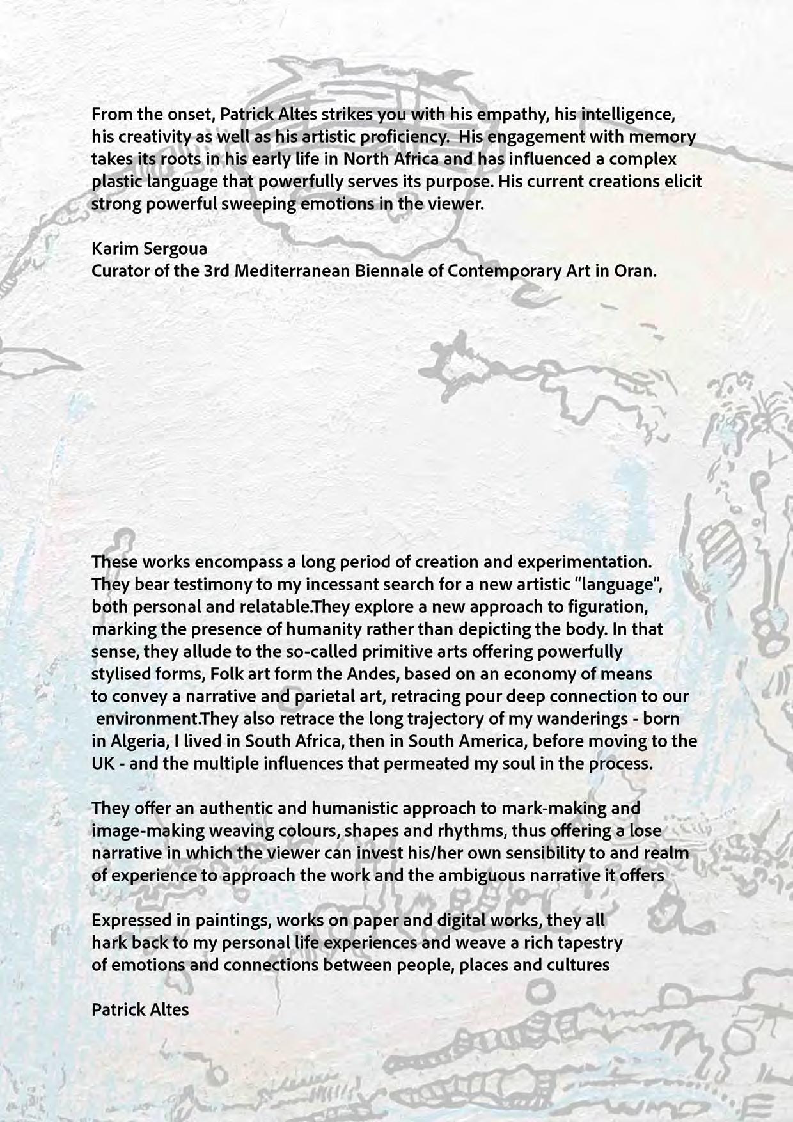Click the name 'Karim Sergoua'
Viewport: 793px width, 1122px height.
pyautogui.click(x=150, y=248)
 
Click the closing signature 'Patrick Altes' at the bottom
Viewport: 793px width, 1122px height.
pyautogui.click(x=140, y=1010)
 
